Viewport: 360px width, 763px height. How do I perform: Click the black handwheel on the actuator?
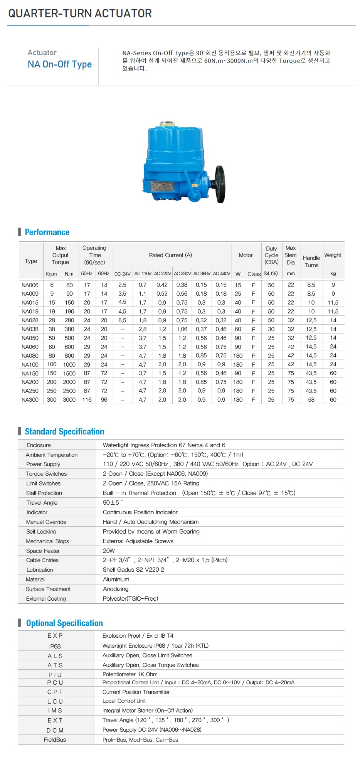click(x=220, y=184)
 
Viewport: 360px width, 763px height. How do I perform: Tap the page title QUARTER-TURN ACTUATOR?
click(x=80, y=13)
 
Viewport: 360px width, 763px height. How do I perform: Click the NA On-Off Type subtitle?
click(x=59, y=64)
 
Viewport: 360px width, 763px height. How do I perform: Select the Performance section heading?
click(x=47, y=232)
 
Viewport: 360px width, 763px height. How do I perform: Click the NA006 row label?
click(x=30, y=285)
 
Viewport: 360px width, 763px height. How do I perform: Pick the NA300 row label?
click(x=30, y=400)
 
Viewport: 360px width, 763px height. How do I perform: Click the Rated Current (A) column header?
click(x=170, y=255)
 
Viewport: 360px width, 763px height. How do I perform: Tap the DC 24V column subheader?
click(x=122, y=274)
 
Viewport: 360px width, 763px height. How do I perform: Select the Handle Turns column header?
click(x=311, y=261)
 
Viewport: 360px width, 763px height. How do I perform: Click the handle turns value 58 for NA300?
click(x=311, y=400)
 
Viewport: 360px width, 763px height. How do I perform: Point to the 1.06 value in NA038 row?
click(x=182, y=329)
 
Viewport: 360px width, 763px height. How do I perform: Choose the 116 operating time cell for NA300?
click(x=87, y=400)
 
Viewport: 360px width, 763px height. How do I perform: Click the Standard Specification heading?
click(x=64, y=431)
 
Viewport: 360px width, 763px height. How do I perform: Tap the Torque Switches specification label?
click(x=46, y=474)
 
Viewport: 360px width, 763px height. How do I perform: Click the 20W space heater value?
click(x=109, y=551)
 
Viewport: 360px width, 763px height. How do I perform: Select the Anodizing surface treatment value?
click(x=116, y=589)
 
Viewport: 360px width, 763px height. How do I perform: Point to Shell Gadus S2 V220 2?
click(x=133, y=570)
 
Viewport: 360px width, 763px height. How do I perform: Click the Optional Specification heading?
click(x=64, y=623)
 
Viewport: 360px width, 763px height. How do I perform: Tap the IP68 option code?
click(x=55, y=646)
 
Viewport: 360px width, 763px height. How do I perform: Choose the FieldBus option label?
click(x=55, y=740)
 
